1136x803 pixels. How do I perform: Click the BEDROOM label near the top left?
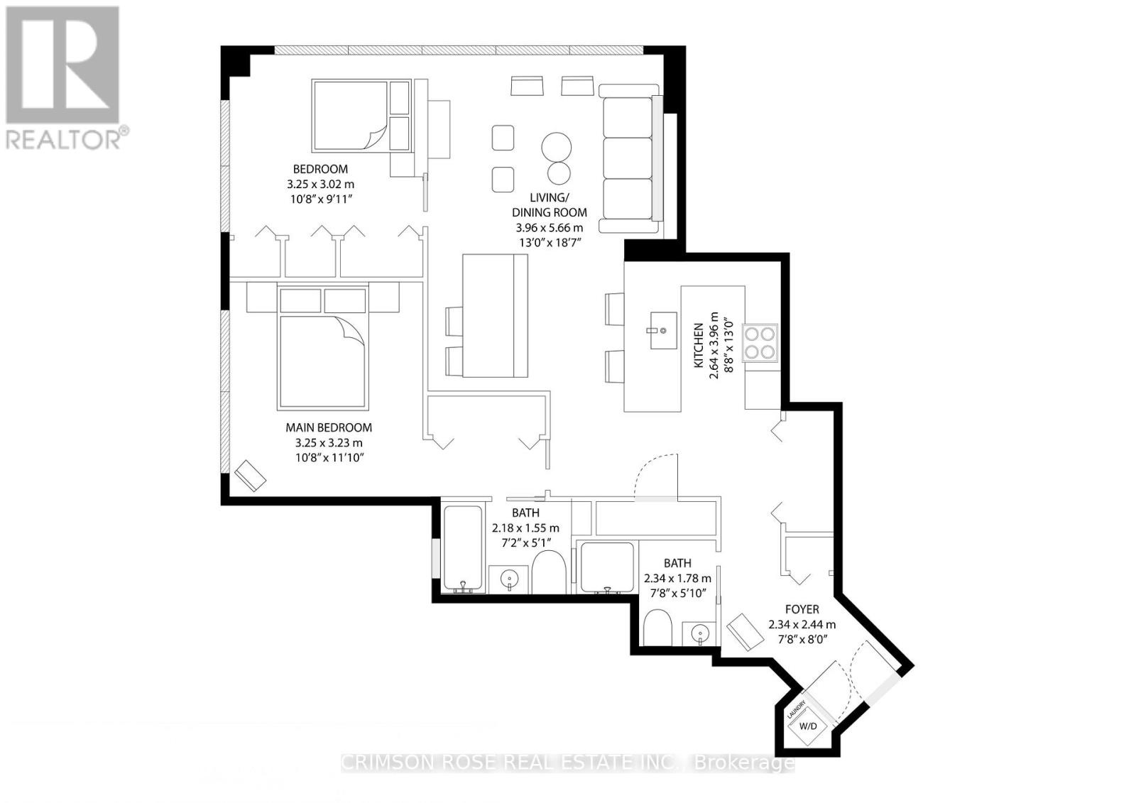320,169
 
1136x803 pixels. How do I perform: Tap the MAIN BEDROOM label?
328,427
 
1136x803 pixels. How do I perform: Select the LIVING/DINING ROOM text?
550,204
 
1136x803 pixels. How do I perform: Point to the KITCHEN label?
699,346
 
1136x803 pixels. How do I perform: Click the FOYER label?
802,609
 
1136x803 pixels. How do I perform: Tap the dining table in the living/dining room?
495,316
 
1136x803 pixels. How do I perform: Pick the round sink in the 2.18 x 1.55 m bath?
509,579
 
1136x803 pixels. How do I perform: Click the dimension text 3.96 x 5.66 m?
550,228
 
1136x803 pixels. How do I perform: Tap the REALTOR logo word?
64,138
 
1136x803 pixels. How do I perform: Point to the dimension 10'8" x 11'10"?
329,458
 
